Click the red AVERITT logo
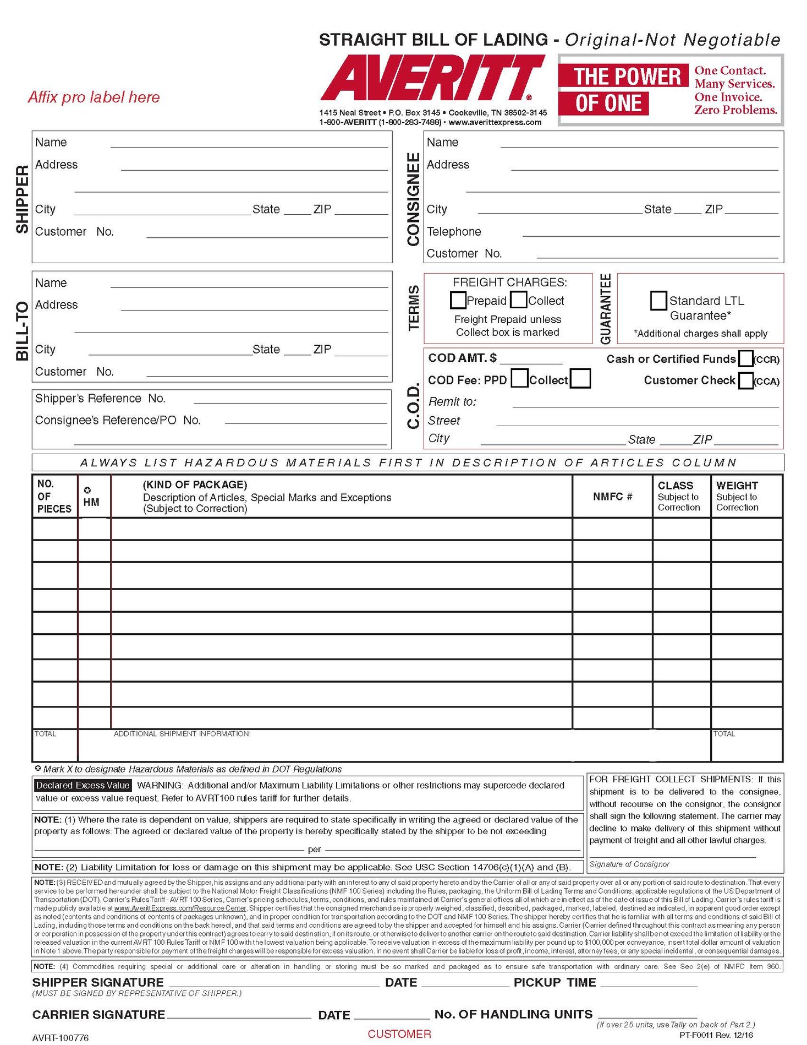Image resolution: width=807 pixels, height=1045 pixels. (x=432, y=79)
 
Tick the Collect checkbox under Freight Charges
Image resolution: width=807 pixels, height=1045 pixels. (x=519, y=300)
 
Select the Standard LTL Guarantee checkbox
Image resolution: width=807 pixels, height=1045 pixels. (x=658, y=301)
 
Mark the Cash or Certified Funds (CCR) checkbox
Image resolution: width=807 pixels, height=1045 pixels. (x=745, y=359)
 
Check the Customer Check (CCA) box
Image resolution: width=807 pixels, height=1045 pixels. (x=745, y=380)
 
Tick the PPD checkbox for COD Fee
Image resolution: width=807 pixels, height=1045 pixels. (x=519, y=379)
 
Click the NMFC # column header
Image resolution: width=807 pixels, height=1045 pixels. (x=612, y=497)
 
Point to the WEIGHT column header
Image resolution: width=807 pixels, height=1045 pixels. (x=737, y=486)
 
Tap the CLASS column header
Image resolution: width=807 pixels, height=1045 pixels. (x=676, y=486)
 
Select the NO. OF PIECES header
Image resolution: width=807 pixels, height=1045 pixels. (x=54, y=496)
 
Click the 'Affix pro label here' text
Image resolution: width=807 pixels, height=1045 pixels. (x=94, y=97)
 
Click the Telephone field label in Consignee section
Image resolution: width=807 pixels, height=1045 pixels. (x=454, y=232)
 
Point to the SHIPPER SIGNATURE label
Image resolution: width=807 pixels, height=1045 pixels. (x=98, y=982)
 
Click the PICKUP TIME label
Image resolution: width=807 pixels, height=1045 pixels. (x=555, y=982)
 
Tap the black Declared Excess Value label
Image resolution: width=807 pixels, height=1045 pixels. (x=83, y=786)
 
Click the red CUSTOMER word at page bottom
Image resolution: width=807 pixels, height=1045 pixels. (x=399, y=1033)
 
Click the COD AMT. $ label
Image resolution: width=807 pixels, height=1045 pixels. (x=462, y=358)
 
